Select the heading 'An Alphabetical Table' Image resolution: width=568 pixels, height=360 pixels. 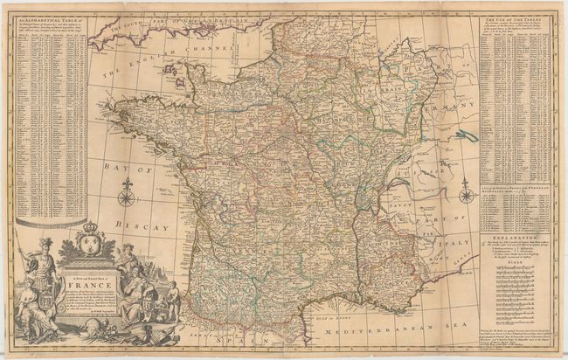pyautogui.click(x=52, y=21)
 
